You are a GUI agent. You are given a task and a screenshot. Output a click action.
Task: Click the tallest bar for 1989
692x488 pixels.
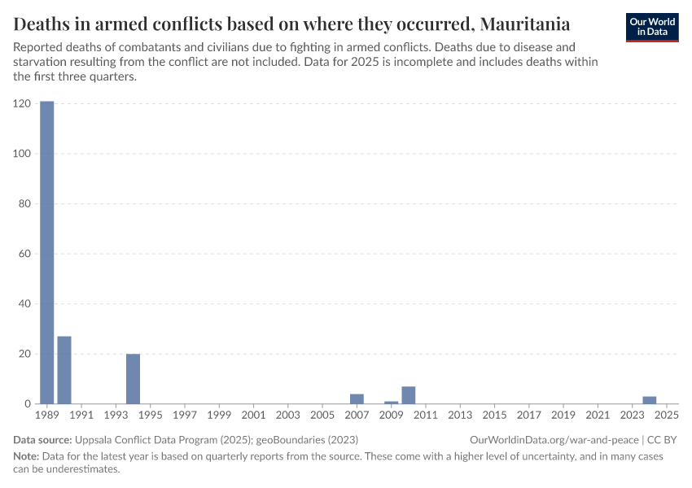[47, 252]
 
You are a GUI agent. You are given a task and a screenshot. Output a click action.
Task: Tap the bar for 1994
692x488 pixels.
[134, 379]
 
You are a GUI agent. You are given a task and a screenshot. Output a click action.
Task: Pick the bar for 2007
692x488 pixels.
[357, 399]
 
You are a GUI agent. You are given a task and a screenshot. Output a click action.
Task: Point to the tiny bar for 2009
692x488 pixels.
[392, 403]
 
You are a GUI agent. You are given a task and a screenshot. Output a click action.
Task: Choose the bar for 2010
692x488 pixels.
[409, 395]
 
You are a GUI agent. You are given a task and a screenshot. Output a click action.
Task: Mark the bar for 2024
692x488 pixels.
[650, 400]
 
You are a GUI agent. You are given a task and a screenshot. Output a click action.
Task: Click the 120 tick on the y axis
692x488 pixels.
[22, 104]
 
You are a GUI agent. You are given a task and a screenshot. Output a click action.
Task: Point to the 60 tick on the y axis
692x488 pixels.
[25, 254]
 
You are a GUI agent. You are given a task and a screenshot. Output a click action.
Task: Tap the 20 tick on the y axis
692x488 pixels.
[25, 354]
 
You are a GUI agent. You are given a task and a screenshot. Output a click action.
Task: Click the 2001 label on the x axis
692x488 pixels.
[253, 416]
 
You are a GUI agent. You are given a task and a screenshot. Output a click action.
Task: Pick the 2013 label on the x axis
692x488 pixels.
[460, 416]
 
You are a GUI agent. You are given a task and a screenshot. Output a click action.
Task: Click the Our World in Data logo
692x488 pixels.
[652, 26]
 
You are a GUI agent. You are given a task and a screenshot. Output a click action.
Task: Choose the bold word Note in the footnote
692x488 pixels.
[26, 456]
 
